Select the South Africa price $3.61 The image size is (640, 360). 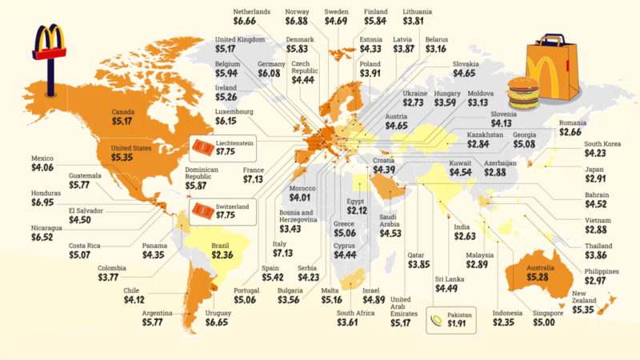(355, 322)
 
